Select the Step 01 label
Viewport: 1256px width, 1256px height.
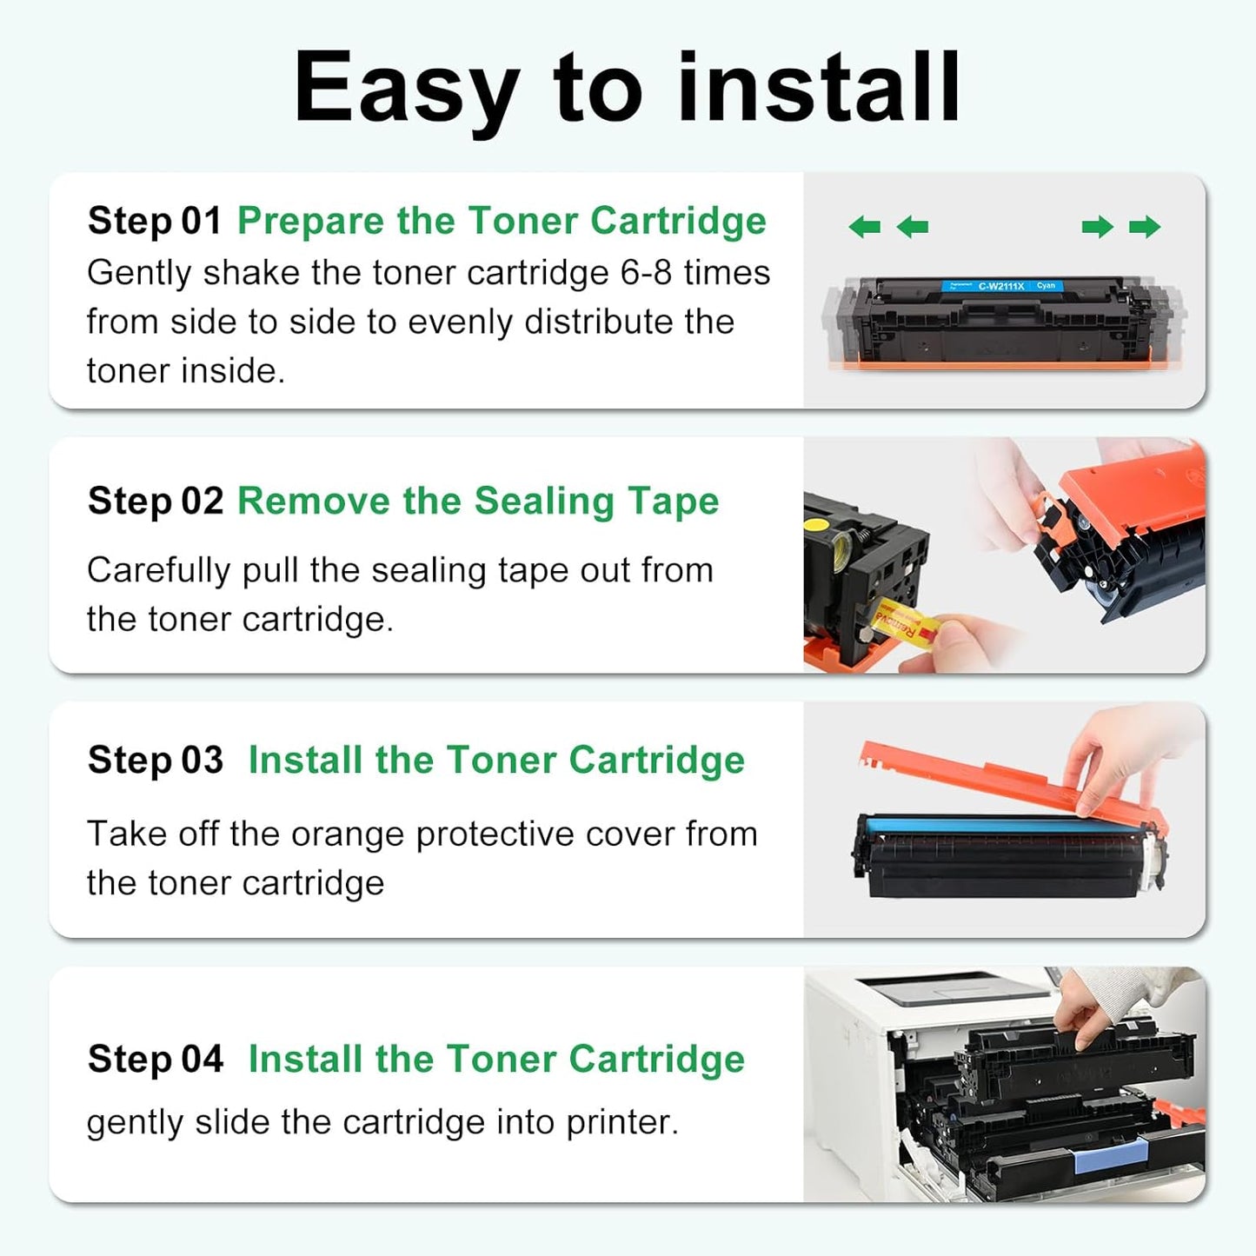[155, 221]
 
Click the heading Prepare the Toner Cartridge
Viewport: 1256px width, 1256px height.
[502, 221]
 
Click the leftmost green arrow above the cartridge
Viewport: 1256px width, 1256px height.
[864, 227]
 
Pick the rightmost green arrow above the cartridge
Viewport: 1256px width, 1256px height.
[1145, 227]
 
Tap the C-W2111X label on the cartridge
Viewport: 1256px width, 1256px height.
[1001, 286]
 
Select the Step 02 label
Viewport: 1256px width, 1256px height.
[156, 502]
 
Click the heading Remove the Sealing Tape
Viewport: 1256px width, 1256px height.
[478, 502]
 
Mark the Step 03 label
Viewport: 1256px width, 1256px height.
[156, 761]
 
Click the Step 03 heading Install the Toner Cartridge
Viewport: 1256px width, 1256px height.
[496, 761]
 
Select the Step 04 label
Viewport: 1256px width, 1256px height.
[156, 1060]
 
